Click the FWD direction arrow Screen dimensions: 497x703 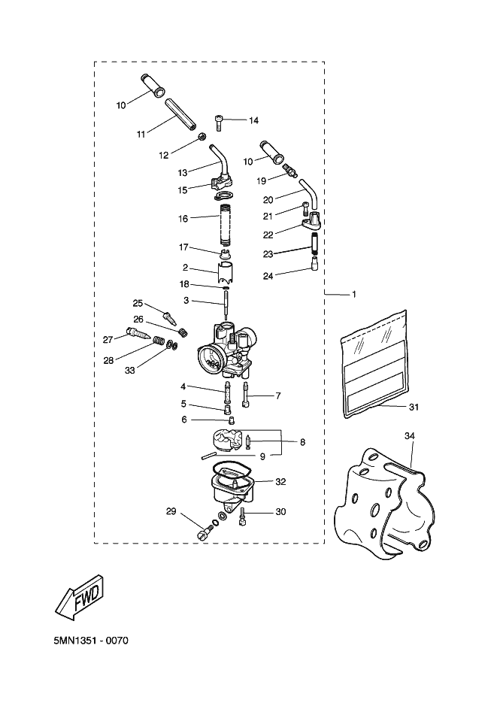(x=83, y=597)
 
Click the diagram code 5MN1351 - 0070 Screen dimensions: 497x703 (x=91, y=641)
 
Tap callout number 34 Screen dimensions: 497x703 (x=409, y=435)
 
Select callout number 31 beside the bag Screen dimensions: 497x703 (x=414, y=407)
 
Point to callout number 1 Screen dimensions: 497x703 (x=354, y=294)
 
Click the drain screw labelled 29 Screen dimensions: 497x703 (x=205, y=532)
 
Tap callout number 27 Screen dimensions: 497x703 (x=108, y=340)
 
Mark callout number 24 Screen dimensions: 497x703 (x=268, y=276)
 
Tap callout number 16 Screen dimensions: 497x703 (x=183, y=219)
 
